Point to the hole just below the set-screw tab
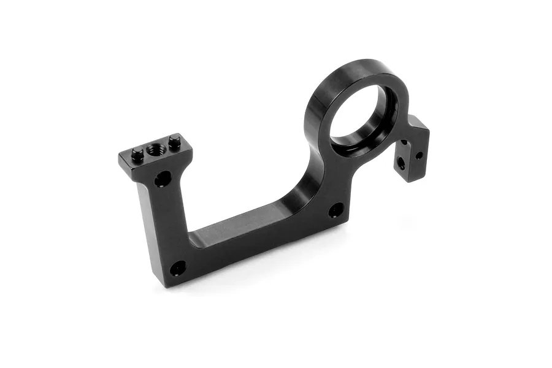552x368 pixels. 163,179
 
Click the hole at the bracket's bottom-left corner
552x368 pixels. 178,268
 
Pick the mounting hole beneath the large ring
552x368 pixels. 335,210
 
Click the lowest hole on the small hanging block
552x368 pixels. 401,163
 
